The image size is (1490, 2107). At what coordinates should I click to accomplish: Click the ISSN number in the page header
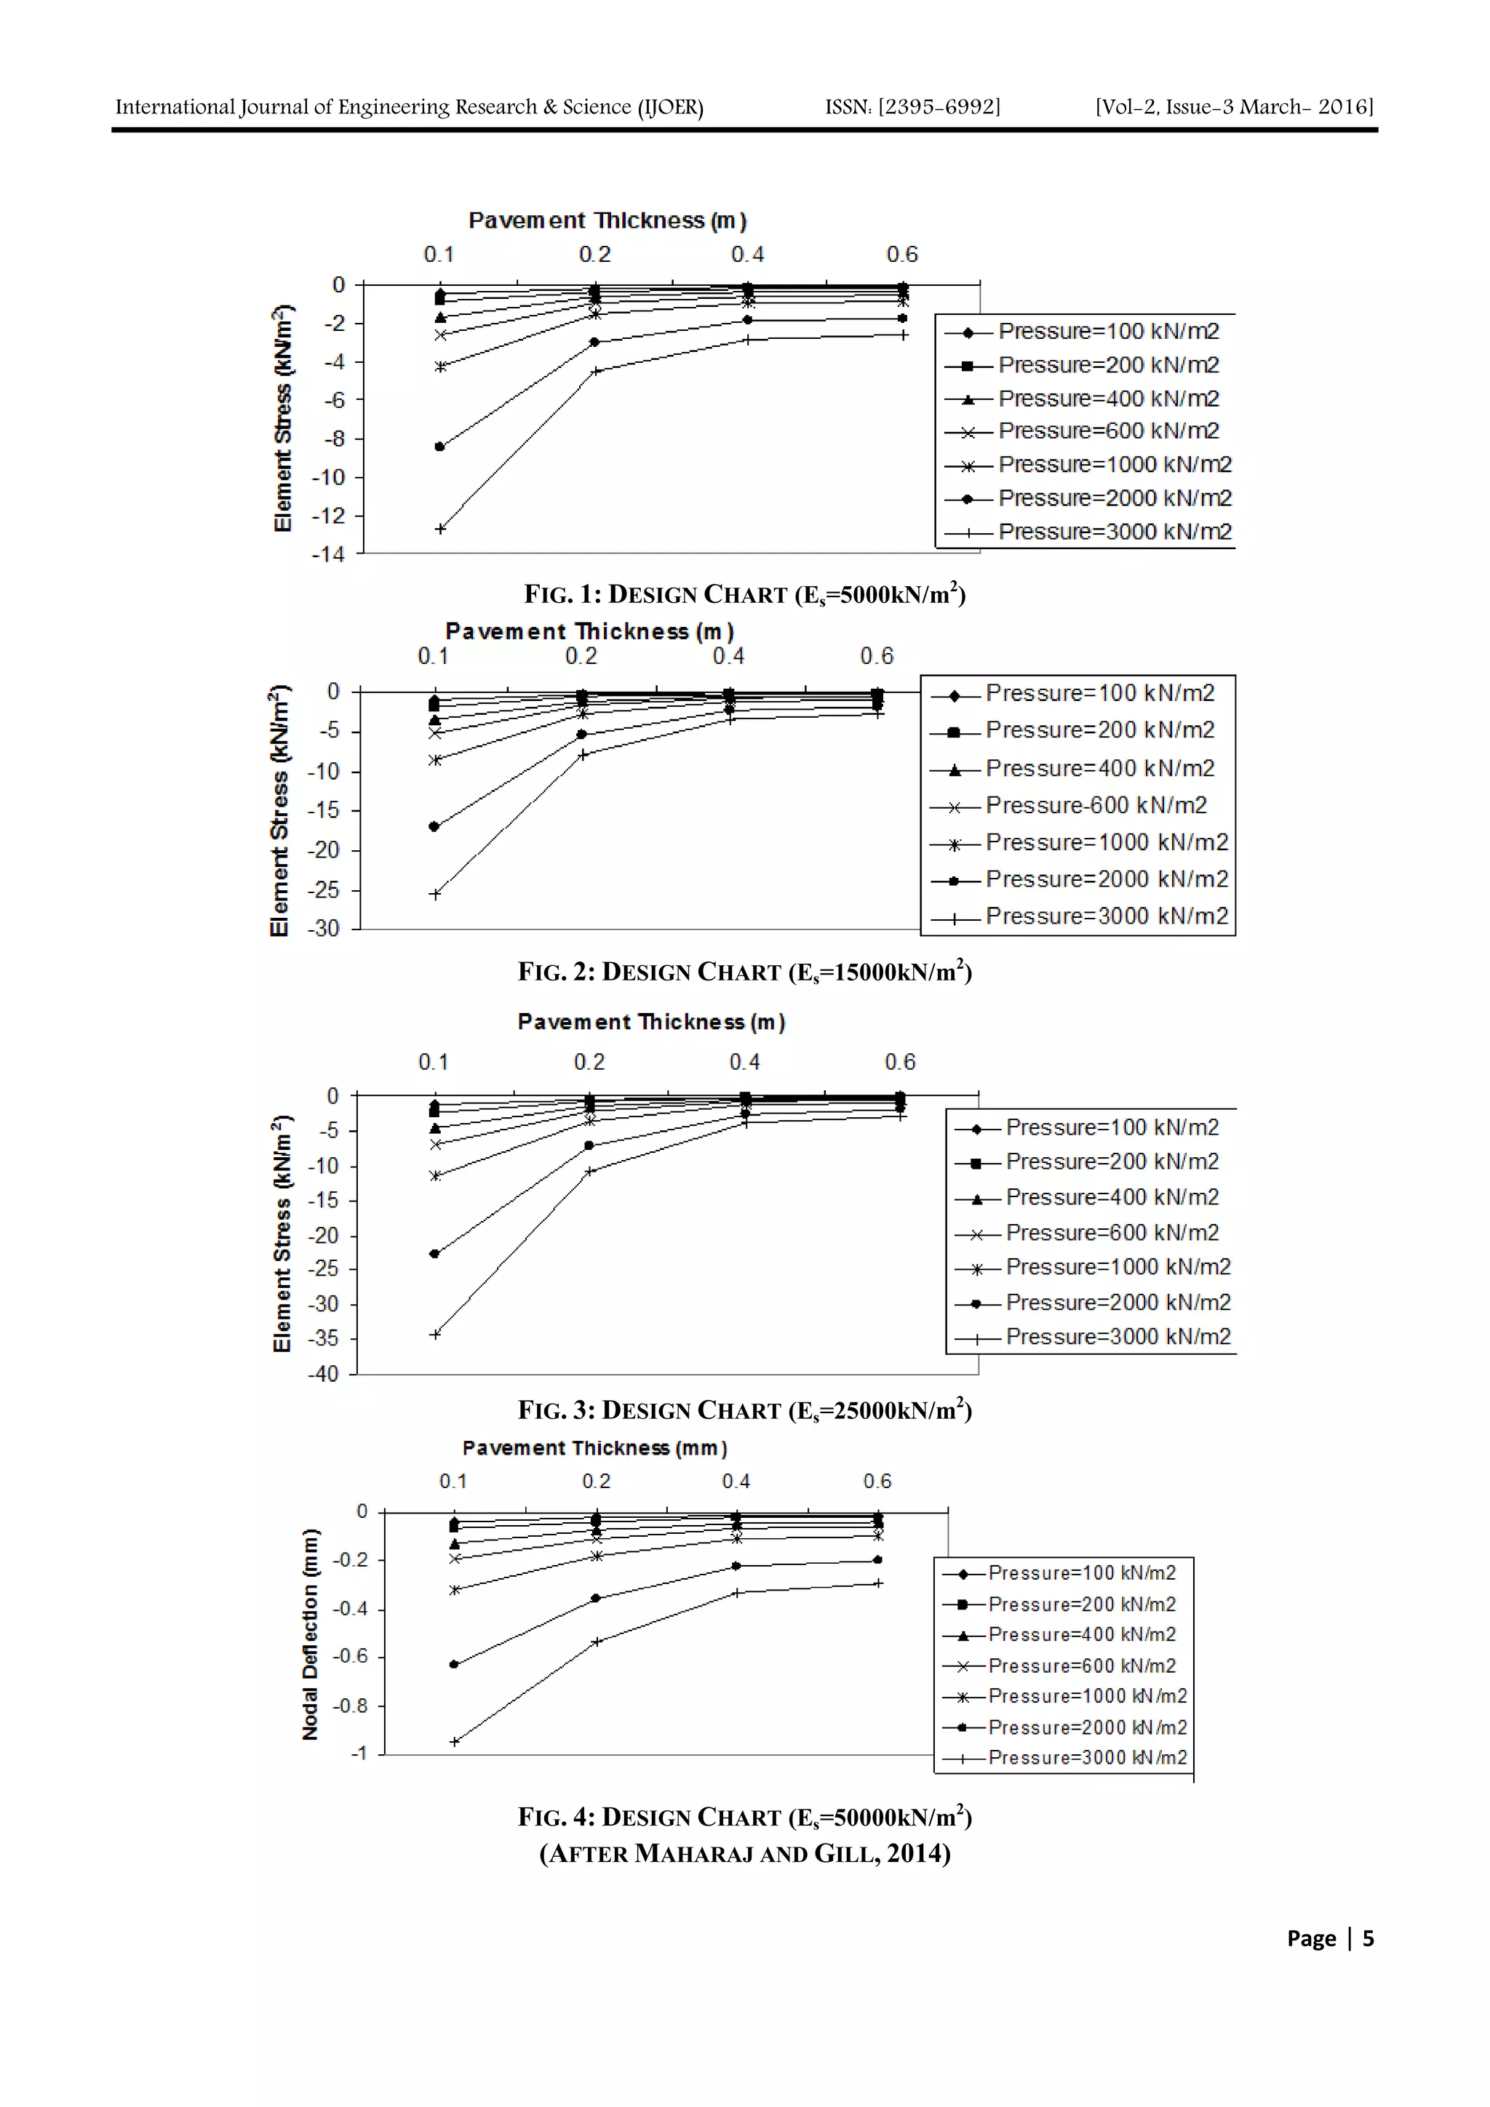pyautogui.click(x=912, y=108)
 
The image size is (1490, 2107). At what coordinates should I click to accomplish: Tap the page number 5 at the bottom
pyautogui.click(x=1368, y=1938)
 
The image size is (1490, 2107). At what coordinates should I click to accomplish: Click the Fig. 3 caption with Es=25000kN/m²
pyautogui.click(x=744, y=1410)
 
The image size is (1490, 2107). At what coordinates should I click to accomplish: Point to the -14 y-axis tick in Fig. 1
pyautogui.click(x=327, y=554)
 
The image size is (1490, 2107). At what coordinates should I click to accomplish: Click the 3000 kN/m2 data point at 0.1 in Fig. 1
pyautogui.click(x=439, y=529)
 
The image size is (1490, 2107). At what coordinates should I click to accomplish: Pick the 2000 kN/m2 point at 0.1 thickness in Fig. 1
pyautogui.click(x=439, y=447)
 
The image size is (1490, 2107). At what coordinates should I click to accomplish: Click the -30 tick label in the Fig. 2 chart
pyautogui.click(x=323, y=929)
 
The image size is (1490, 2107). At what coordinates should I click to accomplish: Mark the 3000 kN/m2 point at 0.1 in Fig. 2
pyautogui.click(x=435, y=894)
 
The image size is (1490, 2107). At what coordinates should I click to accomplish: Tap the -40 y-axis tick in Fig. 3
pyautogui.click(x=323, y=1374)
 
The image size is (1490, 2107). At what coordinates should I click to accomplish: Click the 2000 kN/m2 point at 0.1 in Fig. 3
pyautogui.click(x=434, y=1254)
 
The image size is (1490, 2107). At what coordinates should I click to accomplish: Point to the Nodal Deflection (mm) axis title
pyautogui.click(x=311, y=1634)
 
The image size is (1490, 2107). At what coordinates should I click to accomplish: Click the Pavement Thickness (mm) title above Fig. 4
pyautogui.click(x=595, y=1448)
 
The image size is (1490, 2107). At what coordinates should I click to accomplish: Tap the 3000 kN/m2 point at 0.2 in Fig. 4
pyautogui.click(x=596, y=1642)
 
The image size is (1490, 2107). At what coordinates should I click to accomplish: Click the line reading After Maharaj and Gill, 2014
pyautogui.click(x=744, y=1854)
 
